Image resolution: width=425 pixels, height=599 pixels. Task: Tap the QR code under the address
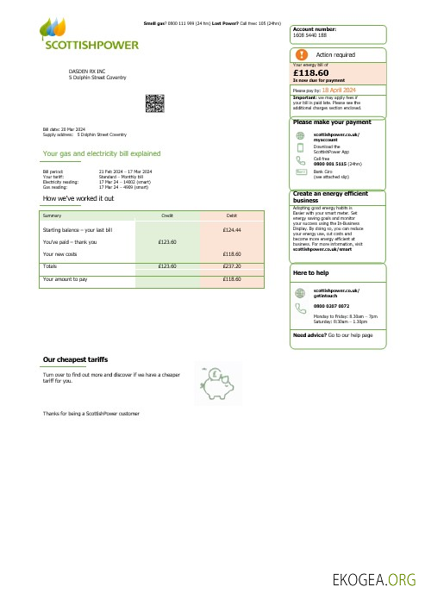tap(154, 104)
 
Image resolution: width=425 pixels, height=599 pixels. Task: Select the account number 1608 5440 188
tap(309, 34)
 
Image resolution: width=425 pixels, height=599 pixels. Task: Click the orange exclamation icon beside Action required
tap(301, 54)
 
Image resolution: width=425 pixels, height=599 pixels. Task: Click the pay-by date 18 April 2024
tap(341, 90)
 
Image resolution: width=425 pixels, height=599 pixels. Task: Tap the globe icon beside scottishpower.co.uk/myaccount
tap(300, 135)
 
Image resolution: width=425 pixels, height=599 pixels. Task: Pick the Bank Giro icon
tap(300, 172)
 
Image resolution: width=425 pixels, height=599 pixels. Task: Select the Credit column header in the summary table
tap(167, 214)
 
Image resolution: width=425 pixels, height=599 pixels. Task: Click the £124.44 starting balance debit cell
tap(231, 231)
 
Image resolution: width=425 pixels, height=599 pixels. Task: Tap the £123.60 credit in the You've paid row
tap(167, 242)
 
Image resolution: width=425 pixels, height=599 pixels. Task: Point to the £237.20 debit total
tap(231, 266)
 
